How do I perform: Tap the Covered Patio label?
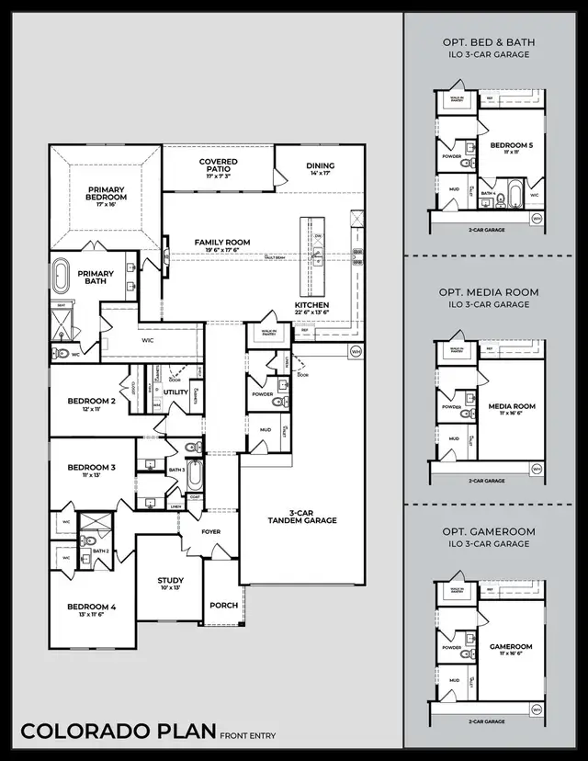coord(219,166)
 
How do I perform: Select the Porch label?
coord(223,605)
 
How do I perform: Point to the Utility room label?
coord(175,392)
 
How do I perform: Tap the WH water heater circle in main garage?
coord(356,350)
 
